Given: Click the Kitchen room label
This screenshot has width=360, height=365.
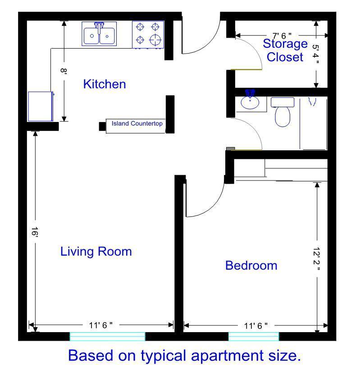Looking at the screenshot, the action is tap(105, 84).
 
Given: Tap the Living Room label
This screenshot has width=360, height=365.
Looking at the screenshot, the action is tap(96, 252).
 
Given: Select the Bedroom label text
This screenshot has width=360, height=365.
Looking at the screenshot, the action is tap(251, 266).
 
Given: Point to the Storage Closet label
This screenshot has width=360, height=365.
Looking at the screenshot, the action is tap(285, 50).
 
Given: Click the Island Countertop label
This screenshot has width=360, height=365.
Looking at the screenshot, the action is tap(137, 123).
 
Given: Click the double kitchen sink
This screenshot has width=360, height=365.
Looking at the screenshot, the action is tap(99, 34).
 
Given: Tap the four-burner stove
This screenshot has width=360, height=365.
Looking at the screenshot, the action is tap(148, 35).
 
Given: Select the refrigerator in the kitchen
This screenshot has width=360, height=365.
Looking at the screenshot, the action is tap(41, 106).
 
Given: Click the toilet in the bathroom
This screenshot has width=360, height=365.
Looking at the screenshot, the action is tap(283, 112).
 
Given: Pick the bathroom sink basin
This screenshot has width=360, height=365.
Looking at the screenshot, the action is tap(250, 103).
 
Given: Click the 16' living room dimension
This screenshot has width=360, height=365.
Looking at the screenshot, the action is tap(35, 232).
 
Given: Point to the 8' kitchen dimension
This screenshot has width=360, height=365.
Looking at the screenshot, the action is tap(64, 71).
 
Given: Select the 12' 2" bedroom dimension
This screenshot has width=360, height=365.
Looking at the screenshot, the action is tap(316, 259).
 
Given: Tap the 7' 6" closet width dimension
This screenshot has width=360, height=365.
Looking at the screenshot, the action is tap(282, 36).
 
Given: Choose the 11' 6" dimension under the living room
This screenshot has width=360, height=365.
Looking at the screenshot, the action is tap(100, 325).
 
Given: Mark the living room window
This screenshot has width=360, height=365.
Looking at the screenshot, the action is tap(107, 337).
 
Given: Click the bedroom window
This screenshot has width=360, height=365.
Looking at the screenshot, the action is tap(254, 337).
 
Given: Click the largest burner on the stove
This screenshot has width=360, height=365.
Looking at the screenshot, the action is tap(155, 40).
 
